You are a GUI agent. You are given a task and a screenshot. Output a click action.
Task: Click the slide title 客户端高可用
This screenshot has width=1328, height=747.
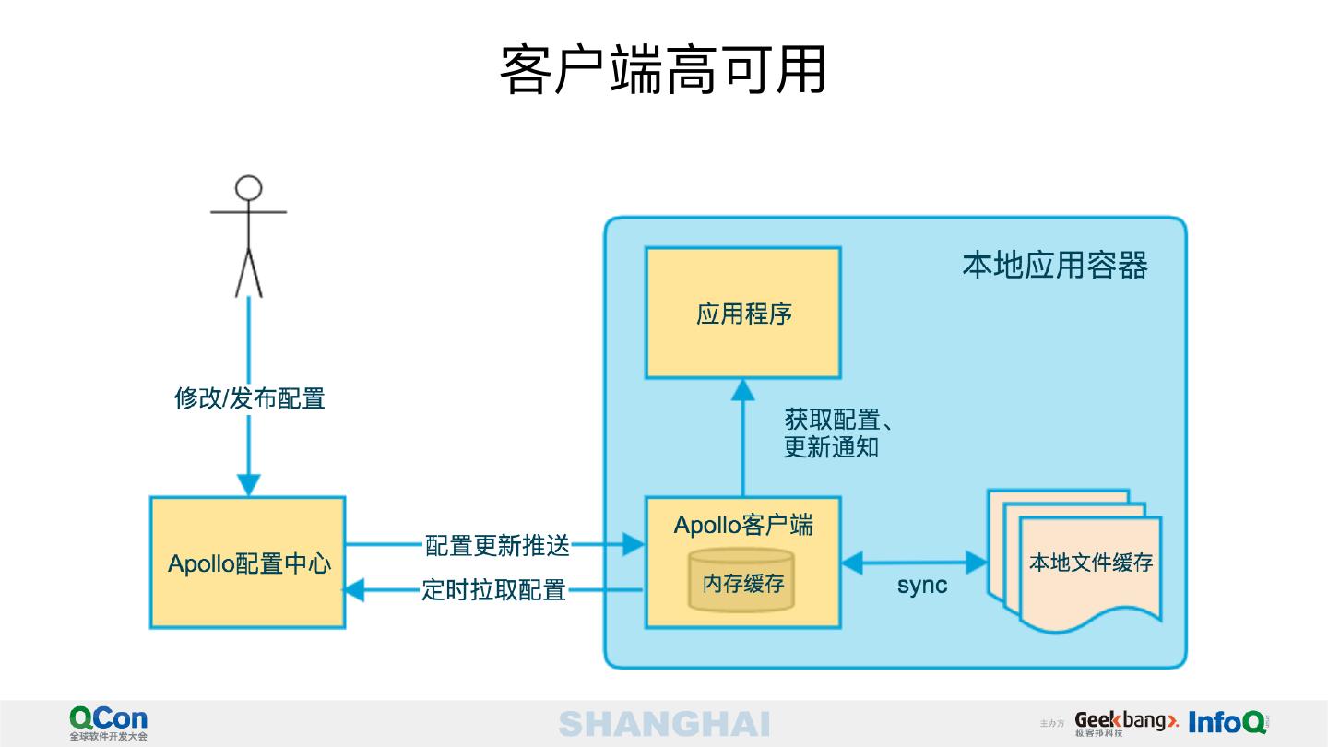662,70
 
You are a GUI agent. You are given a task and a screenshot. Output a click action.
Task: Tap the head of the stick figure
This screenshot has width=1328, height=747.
248,188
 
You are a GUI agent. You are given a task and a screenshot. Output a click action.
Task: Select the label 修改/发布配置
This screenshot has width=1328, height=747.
250,398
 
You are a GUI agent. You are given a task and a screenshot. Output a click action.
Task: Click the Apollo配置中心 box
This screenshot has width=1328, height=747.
248,563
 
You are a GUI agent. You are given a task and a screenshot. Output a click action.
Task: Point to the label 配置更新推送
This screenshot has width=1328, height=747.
497,545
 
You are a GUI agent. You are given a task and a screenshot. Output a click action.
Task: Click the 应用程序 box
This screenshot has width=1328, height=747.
742,314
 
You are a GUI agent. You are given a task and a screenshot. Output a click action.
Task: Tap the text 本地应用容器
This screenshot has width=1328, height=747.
1055,266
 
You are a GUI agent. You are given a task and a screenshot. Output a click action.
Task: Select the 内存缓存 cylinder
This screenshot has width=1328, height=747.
741,582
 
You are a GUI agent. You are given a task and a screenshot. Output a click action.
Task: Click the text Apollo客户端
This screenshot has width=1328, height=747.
743,525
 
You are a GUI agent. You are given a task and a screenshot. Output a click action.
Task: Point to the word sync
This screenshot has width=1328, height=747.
921,586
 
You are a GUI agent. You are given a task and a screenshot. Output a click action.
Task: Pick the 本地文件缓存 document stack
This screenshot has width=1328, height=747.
1079,563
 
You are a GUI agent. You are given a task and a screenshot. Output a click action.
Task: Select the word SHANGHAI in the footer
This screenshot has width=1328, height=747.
664,724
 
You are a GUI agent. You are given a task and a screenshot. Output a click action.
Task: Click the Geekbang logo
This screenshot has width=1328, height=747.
1126,723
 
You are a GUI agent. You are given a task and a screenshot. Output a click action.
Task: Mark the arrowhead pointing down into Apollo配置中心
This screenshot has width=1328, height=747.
248,485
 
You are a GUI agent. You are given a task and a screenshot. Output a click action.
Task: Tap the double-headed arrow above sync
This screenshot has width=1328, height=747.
913,561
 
